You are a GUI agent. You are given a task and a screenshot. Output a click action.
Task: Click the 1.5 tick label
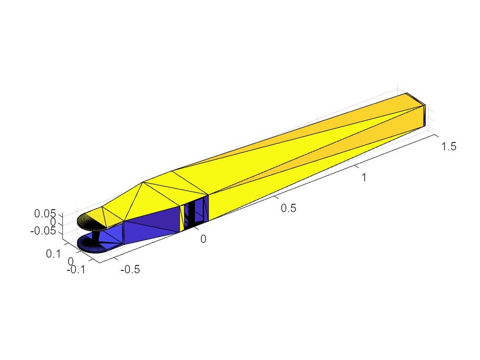[449, 146]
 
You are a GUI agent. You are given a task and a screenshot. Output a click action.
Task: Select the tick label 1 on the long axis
[364, 177]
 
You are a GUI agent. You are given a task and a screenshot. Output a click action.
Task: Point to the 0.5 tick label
[288, 208]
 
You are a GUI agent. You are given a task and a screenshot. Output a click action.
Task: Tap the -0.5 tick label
[129, 269]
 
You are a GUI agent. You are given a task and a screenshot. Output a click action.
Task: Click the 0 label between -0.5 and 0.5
[203, 239]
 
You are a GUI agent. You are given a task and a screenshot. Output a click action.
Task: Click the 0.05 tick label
[46, 214]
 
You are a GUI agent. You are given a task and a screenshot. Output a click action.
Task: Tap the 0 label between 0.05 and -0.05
[53, 222]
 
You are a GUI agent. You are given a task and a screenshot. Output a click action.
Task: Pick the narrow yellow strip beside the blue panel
[183, 218]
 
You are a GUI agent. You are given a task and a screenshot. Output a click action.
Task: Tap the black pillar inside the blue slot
[192, 211]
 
